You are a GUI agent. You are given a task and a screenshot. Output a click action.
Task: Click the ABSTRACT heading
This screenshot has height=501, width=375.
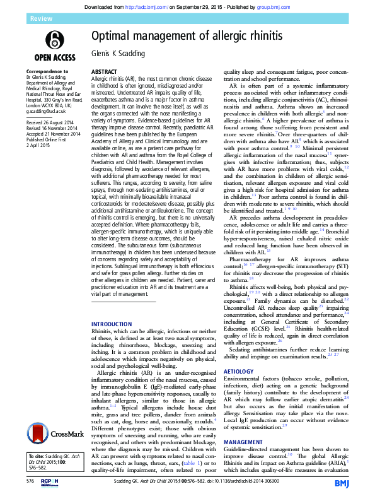tap(105, 73)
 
